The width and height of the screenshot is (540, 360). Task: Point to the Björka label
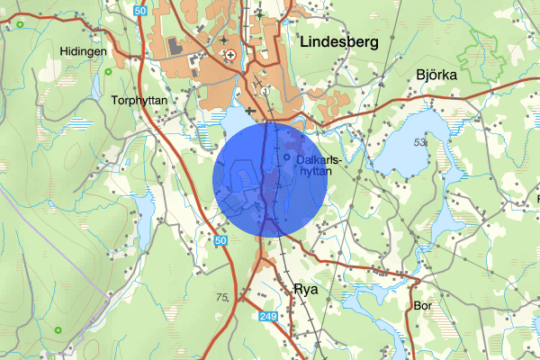pos(437,76)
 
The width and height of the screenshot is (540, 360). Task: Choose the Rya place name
pos(306,290)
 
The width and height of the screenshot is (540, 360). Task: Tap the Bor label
pos(425,306)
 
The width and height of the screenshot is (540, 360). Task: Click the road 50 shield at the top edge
pos(139,10)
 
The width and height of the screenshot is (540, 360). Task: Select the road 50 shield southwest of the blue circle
pos(221,240)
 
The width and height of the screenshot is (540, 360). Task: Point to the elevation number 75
pos(222,296)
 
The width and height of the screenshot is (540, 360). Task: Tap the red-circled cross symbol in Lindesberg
pos(230,55)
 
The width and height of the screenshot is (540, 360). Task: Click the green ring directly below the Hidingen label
pos(108,71)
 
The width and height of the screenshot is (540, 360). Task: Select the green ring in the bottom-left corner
pos(58,330)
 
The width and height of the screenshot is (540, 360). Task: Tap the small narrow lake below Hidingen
pos(96,85)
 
